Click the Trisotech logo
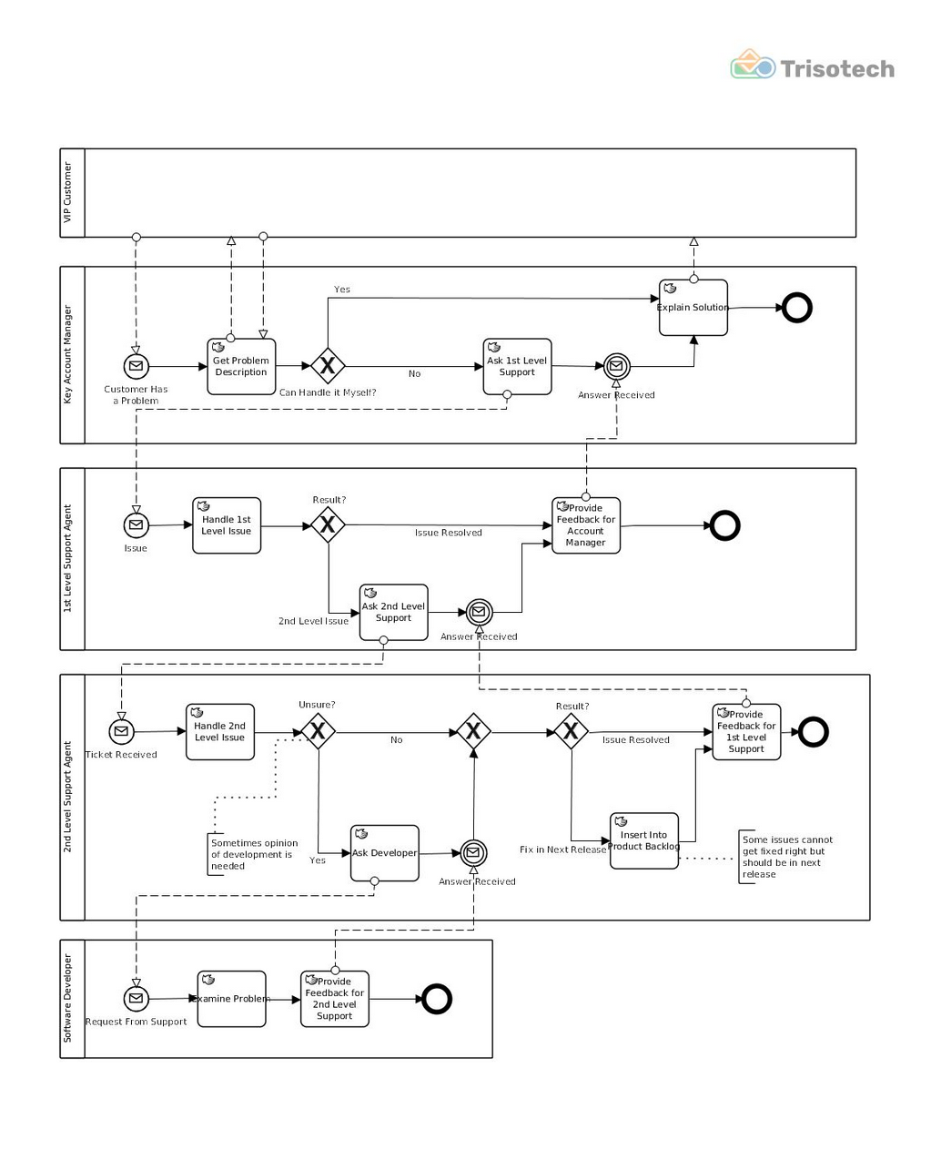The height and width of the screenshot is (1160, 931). pyautogui.click(x=812, y=67)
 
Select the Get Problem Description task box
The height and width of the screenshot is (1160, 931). pyautogui.click(x=241, y=366)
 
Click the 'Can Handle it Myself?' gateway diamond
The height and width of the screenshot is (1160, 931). pyautogui.click(x=328, y=366)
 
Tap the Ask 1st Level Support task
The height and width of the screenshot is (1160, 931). pyautogui.click(x=517, y=366)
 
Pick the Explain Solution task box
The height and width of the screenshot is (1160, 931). pyautogui.click(x=693, y=308)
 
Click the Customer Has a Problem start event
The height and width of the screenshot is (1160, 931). pyautogui.click(x=136, y=366)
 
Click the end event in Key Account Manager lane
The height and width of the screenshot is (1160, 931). pyautogui.click(x=797, y=308)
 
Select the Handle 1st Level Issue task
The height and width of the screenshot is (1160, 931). pyautogui.click(x=227, y=525)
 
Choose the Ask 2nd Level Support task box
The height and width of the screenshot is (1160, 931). pyautogui.click(x=393, y=612)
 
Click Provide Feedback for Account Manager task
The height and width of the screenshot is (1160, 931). pyautogui.click(x=586, y=525)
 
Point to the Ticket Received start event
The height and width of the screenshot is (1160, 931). pyautogui.click(x=121, y=731)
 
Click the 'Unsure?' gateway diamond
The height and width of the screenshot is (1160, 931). pyautogui.click(x=318, y=731)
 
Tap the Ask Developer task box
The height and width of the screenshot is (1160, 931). pyautogui.click(x=385, y=853)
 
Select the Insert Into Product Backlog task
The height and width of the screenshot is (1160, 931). pyautogui.click(x=644, y=840)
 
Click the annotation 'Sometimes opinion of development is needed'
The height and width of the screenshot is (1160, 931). pyautogui.click(x=254, y=855)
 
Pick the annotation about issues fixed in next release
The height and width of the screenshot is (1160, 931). pyautogui.click(x=786, y=857)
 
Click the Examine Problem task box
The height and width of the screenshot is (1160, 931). pyautogui.click(x=231, y=999)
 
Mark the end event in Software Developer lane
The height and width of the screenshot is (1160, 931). pyautogui.click(x=437, y=999)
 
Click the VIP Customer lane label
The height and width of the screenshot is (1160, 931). pyautogui.click(x=67, y=193)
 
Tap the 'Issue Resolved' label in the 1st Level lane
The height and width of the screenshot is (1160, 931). pyautogui.click(x=448, y=533)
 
